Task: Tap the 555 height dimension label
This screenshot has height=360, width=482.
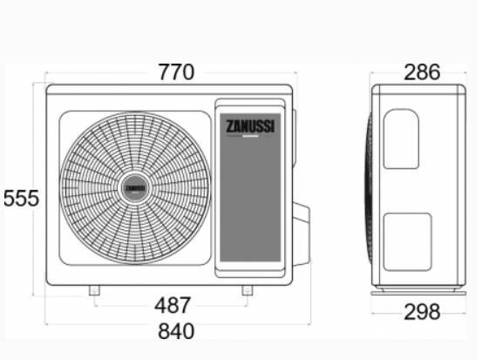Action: pyautogui.click(x=21, y=199)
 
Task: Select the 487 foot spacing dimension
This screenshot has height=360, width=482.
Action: pyautogui.click(x=173, y=306)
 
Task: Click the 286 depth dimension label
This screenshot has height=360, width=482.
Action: pyautogui.click(x=421, y=72)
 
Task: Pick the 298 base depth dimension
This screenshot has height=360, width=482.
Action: pyautogui.click(x=422, y=311)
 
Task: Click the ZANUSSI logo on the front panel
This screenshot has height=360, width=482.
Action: pyautogui.click(x=251, y=126)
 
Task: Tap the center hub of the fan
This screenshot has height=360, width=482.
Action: pyautogui.click(x=134, y=188)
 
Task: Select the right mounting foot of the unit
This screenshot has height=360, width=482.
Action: pyautogui.click(x=248, y=291)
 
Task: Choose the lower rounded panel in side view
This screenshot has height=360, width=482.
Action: pyautogui.click(x=407, y=240)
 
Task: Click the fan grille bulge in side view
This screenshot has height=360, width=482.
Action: pyautogui.click(x=370, y=188)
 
